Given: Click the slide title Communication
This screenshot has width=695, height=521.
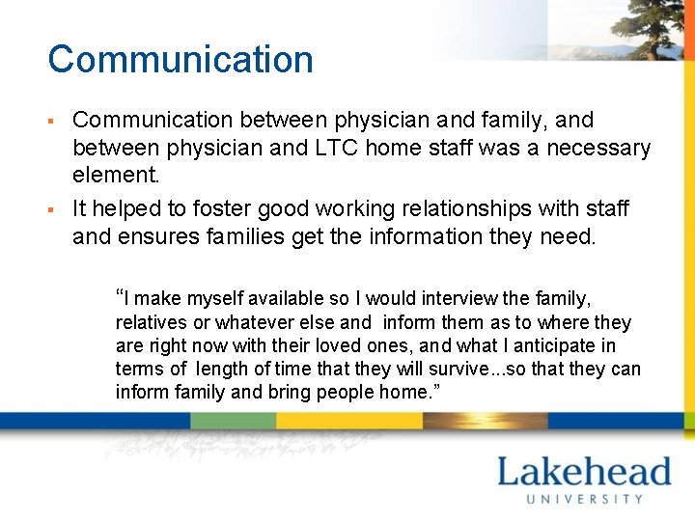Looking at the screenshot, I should (x=181, y=59).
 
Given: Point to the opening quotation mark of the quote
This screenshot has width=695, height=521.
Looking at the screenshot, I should (x=120, y=295).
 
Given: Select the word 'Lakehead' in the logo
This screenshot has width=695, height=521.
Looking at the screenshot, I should (x=583, y=472).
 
